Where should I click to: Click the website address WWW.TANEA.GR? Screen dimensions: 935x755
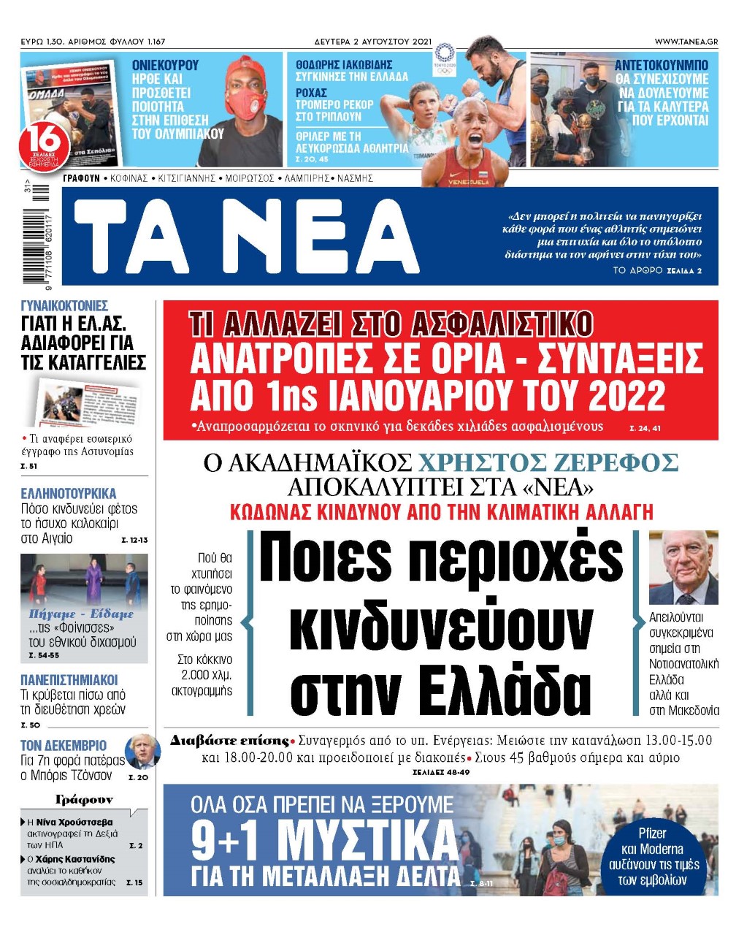tap(686, 42)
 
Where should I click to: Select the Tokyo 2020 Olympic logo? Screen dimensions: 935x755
tap(444, 56)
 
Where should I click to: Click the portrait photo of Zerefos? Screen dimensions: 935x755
tap(683, 568)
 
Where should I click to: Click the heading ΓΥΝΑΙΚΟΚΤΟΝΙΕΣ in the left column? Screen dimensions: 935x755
tap(64, 306)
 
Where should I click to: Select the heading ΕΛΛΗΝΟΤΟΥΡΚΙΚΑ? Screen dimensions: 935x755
tap(69, 494)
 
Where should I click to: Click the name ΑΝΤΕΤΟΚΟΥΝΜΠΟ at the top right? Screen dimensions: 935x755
tap(661, 65)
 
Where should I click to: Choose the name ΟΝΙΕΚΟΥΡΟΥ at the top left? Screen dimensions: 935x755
tap(165, 65)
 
